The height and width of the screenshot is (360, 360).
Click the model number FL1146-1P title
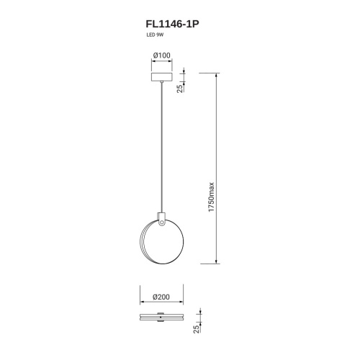172,24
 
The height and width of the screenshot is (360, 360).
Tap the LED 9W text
155,35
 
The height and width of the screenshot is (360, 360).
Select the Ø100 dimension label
162,55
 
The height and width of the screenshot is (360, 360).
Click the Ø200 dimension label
161,297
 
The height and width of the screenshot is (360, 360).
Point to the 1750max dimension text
211,197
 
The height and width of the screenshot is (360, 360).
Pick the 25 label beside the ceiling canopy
180,88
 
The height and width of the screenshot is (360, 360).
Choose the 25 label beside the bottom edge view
197,329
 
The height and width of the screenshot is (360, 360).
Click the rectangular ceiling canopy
162,76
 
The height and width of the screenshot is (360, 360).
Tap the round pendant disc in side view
161,242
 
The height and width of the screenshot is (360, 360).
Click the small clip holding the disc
161,219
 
